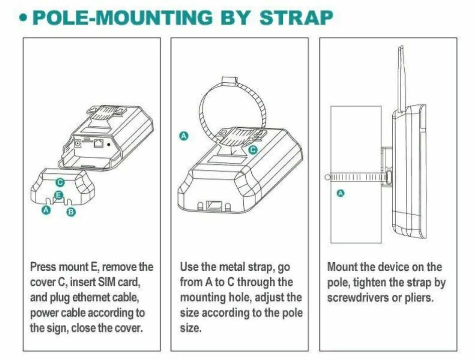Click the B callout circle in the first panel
click(71, 212)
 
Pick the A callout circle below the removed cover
click(46, 210)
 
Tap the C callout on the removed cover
click(60, 183)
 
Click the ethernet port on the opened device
click(98, 143)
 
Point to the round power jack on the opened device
click(78, 144)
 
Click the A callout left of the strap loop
click(184, 136)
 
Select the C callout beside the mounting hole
click(253, 149)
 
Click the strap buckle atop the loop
click(230, 81)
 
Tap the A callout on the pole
click(341, 193)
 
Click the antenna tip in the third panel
click(401, 47)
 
